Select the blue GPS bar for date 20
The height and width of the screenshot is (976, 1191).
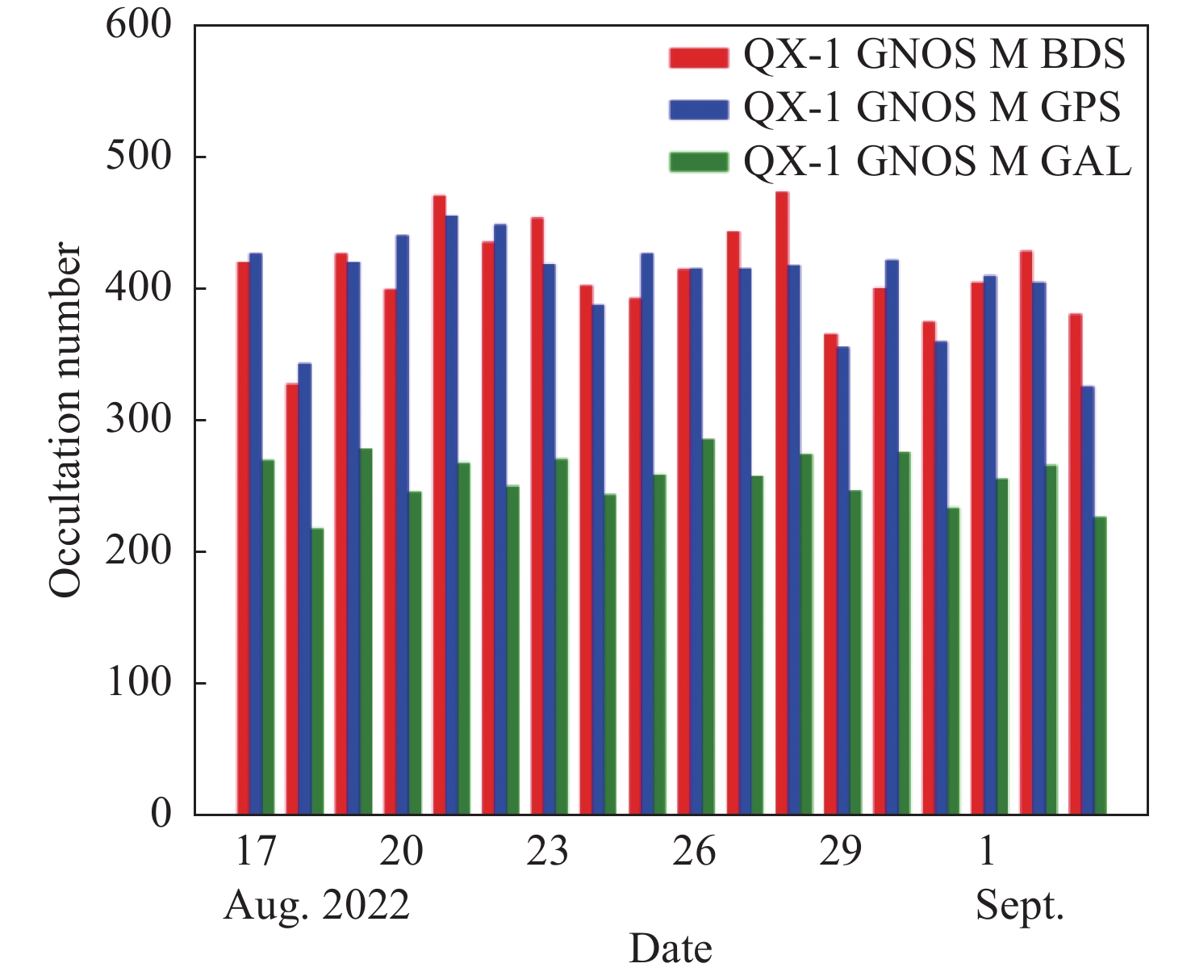click(403, 525)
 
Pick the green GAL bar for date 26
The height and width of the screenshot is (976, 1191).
click(708, 626)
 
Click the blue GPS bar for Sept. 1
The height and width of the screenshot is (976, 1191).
click(989, 545)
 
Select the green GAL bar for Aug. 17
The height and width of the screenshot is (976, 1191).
click(268, 637)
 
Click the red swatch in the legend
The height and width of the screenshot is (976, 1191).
click(699, 57)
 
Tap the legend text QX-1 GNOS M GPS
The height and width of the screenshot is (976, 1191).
click(932, 107)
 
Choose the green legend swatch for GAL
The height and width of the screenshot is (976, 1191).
click(699, 162)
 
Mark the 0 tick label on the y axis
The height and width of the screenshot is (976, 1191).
click(161, 814)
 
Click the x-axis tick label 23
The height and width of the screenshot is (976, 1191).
click(547, 852)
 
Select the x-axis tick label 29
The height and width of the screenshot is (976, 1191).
click(840, 852)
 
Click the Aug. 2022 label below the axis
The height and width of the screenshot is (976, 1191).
click(316, 906)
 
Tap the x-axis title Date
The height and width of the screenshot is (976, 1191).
click(671, 949)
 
